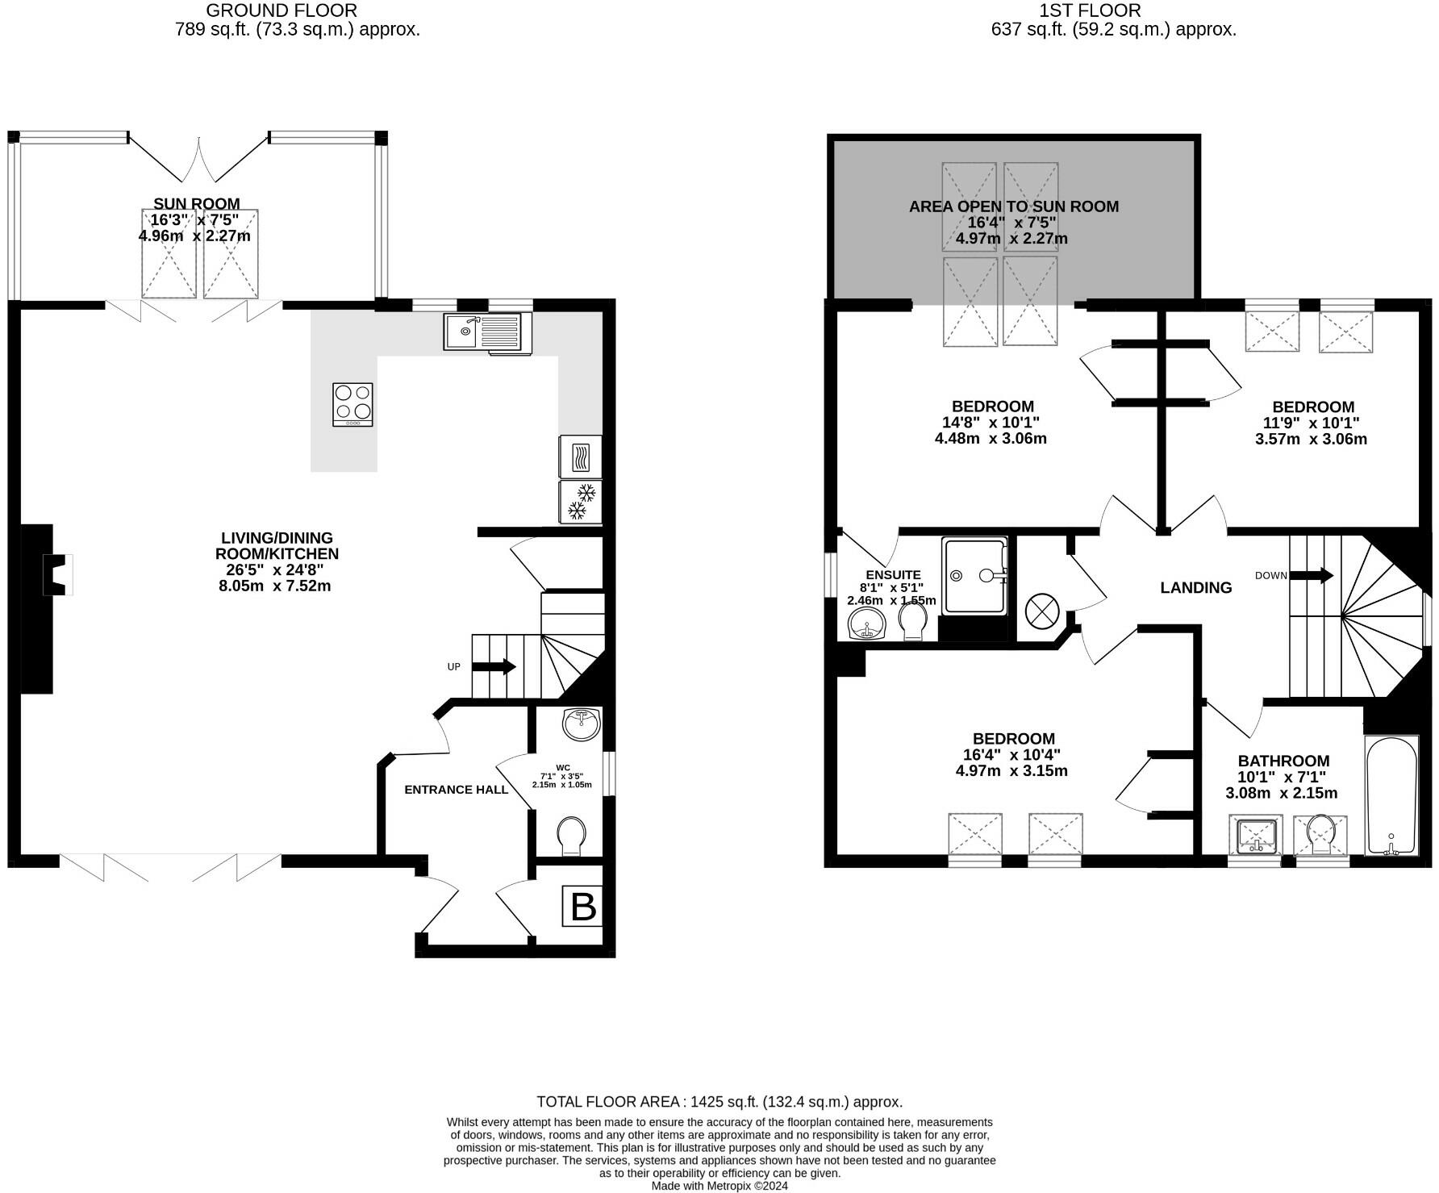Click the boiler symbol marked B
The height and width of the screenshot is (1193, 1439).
(x=582, y=906)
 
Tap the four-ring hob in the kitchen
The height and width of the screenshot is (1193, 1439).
(x=352, y=404)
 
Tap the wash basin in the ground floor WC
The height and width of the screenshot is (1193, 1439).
(x=582, y=724)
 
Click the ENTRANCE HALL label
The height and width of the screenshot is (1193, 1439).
(x=456, y=790)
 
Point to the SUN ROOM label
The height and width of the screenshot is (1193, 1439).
(x=196, y=204)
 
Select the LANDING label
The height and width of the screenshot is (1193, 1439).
(x=1195, y=588)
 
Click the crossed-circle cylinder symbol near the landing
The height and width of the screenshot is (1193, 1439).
(x=1041, y=611)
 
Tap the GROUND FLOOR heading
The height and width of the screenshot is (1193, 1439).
(x=282, y=10)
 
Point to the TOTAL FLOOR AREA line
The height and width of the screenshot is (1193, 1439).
(x=719, y=1102)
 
